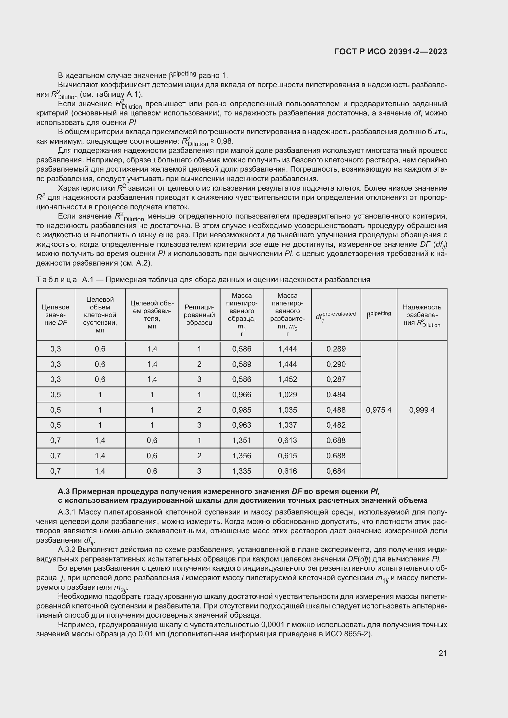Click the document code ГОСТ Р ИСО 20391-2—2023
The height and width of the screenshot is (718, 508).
[x=390, y=52]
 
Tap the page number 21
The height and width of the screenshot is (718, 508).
[x=443, y=653]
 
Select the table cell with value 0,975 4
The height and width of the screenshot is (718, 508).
[x=378, y=410]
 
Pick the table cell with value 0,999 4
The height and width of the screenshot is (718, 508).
[x=422, y=410]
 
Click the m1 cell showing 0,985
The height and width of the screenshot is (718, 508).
[x=241, y=410]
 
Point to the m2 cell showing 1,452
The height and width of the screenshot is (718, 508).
[x=287, y=379]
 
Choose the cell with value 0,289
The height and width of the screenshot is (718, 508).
[x=336, y=349]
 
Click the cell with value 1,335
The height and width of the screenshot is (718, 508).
[x=241, y=471]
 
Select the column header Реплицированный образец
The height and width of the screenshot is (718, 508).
[x=199, y=315]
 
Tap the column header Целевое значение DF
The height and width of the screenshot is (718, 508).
[x=56, y=315]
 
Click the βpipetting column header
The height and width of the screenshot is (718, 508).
[x=378, y=314]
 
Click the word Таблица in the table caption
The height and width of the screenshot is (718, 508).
[x=57, y=280]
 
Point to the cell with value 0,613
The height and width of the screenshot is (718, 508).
[x=287, y=440]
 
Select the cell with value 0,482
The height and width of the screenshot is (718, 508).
[x=336, y=425]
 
